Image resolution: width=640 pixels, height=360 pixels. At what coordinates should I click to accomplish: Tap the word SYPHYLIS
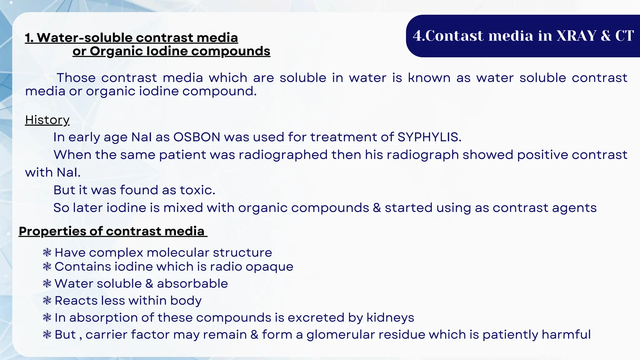[x=429, y=137]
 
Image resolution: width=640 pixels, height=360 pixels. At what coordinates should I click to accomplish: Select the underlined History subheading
[x=47, y=120]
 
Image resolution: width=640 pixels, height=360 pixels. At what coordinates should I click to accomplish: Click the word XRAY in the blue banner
[x=577, y=36]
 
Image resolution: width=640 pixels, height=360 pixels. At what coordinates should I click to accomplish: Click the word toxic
[x=197, y=190]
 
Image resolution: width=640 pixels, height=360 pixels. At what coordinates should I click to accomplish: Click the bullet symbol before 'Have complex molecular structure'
[x=47, y=252]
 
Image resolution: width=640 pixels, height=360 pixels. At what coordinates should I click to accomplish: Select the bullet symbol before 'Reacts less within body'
[x=47, y=301]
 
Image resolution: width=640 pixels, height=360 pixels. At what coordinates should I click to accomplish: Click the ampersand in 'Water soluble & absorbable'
[x=149, y=283]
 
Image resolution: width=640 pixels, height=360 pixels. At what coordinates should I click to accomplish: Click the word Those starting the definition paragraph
[x=76, y=77]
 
